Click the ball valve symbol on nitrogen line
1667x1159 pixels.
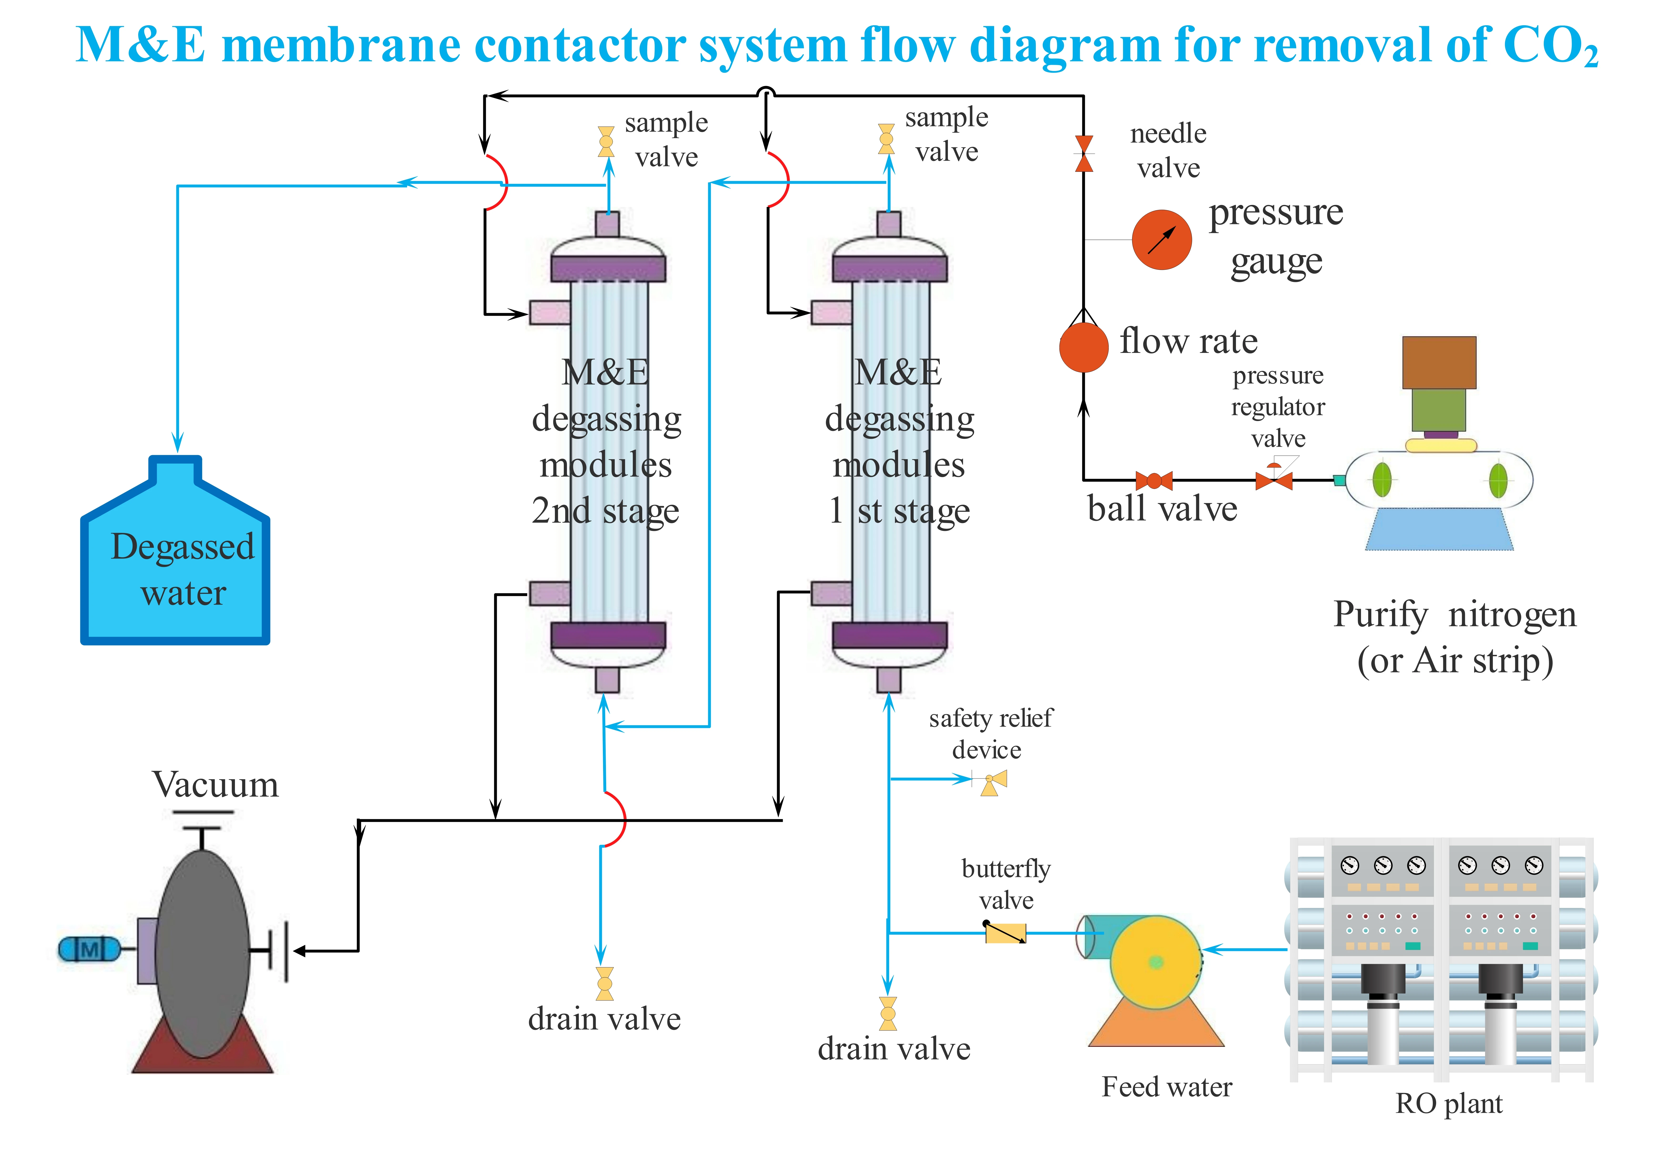(x=1154, y=480)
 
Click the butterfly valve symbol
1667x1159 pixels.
(x=1006, y=932)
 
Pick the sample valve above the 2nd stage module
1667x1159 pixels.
(x=606, y=142)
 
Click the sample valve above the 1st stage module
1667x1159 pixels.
(x=886, y=139)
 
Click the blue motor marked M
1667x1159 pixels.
(x=89, y=949)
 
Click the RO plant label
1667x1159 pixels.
(x=1448, y=1103)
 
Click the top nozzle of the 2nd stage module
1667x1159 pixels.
(x=608, y=224)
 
